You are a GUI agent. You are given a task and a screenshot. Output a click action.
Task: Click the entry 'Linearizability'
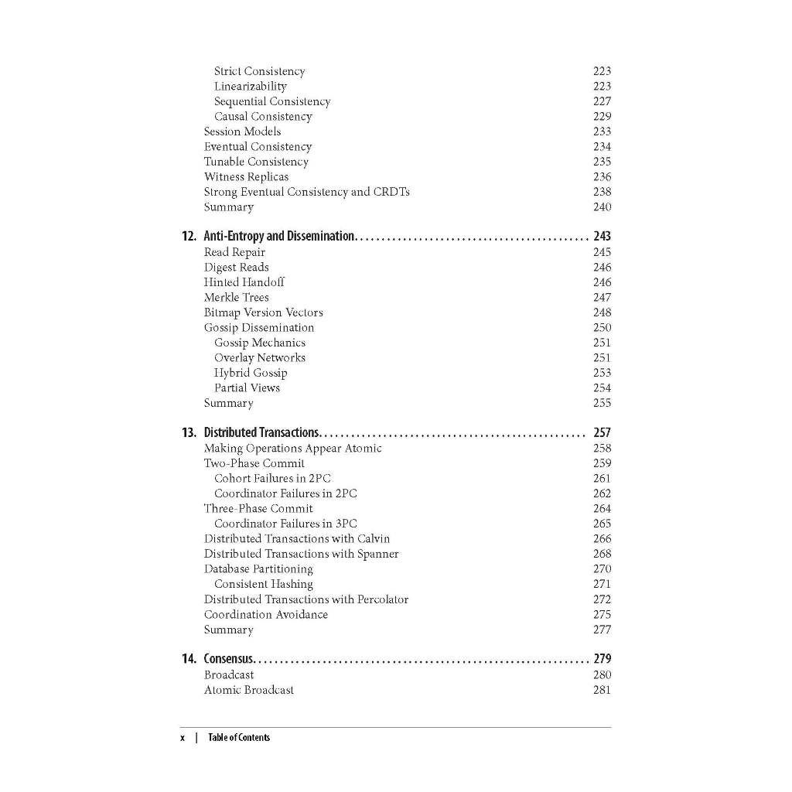point(250,87)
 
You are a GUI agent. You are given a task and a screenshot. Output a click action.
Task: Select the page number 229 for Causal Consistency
point(602,117)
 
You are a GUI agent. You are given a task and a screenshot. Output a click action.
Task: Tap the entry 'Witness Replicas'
point(246,177)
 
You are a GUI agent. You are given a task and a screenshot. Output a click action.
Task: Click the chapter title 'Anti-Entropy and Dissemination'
point(278,237)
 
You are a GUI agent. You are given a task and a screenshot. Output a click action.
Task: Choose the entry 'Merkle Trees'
point(236,298)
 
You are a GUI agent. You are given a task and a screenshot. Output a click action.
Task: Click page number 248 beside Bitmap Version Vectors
point(602,312)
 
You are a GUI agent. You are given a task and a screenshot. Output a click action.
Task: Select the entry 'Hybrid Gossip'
point(251,373)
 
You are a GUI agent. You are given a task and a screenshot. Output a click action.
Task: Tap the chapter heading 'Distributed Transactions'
point(261,433)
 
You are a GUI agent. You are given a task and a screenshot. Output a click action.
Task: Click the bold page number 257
point(602,433)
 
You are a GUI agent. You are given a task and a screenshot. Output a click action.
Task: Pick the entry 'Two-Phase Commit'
point(254,463)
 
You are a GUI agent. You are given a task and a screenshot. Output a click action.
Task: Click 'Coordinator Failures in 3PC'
point(285,524)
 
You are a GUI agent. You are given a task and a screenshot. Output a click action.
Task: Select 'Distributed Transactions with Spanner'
point(301,554)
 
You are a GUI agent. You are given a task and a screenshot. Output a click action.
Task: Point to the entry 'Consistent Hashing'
point(263,584)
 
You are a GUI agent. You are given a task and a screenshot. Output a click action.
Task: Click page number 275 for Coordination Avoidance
point(602,615)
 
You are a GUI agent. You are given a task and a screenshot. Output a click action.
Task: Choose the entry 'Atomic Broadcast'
point(248,690)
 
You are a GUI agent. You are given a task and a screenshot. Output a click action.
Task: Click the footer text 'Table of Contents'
point(239,738)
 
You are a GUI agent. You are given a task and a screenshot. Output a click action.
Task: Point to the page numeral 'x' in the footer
point(183,738)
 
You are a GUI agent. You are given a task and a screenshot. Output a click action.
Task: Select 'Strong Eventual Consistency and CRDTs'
point(306,192)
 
